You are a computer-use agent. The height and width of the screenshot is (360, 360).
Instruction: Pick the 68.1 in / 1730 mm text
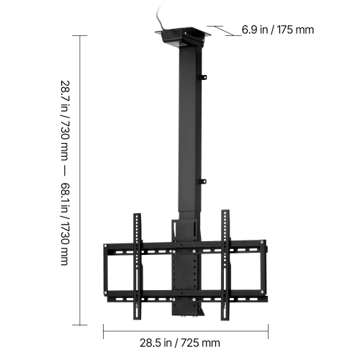click(x=65, y=224)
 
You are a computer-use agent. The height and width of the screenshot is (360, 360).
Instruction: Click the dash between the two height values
click(x=65, y=169)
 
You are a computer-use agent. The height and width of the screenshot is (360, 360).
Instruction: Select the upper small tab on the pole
click(x=203, y=76)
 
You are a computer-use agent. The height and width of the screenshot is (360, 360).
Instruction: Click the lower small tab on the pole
click(x=203, y=181)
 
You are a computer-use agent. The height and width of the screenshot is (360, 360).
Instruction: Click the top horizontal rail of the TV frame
click(x=144, y=250)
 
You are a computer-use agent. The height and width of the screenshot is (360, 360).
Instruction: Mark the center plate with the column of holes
click(x=186, y=270)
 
